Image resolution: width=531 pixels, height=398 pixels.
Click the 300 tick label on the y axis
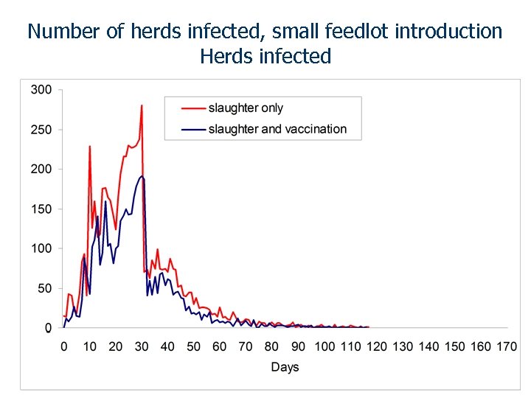[x=41, y=90]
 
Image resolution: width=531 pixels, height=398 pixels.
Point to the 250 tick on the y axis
[x=41, y=130]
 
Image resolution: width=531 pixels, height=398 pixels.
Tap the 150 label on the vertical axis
[x=41, y=209]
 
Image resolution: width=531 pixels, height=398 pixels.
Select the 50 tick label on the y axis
[x=44, y=289]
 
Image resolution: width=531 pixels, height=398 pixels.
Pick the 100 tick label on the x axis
[x=324, y=346]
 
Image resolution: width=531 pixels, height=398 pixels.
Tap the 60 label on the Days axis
[x=220, y=346]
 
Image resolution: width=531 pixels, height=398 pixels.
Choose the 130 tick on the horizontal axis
[x=403, y=346]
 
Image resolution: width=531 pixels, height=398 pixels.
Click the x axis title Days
[x=285, y=367]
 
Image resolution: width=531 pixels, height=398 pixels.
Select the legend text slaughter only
[x=246, y=108]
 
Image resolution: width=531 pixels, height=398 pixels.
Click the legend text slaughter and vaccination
[x=277, y=129]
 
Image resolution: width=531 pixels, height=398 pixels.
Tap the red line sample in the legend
[x=192, y=108]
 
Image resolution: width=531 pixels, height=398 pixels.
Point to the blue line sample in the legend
[x=192, y=129]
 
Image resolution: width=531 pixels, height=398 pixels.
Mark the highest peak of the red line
[x=141, y=105]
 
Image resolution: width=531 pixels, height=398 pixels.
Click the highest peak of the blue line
[x=142, y=176]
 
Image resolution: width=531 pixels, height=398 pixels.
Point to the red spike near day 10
[x=90, y=146]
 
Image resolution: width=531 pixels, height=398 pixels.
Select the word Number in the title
[x=63, y=32]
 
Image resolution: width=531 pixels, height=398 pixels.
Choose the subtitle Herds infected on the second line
[x=265, y=56]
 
